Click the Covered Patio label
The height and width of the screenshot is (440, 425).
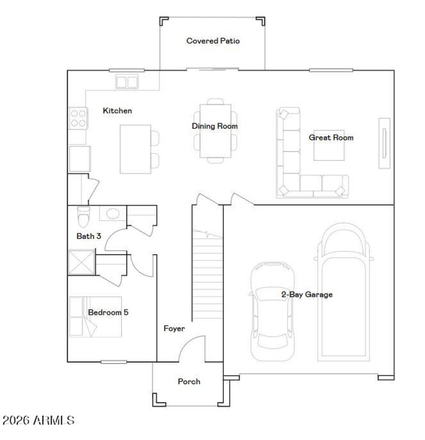[213, 41]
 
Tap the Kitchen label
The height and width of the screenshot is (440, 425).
[117, 111]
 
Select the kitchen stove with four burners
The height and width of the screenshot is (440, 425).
[78, 118]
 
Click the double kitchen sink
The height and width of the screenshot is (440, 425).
[127, 82]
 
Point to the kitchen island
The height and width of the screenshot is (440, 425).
[135, 149]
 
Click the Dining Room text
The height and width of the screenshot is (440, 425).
[215, 126]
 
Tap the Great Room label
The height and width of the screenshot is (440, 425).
[331, 137]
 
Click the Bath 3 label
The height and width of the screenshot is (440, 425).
[89, 236]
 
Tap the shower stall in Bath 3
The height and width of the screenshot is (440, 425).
[81, 262]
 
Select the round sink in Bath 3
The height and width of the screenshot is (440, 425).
[112, 213]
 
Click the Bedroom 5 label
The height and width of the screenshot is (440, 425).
[108, 312]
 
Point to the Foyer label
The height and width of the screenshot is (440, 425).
[174, 329]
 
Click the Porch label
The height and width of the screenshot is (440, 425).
[189, 381]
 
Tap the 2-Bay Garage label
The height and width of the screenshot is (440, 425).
[307, 295]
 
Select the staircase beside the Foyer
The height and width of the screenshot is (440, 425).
[207, 276]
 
